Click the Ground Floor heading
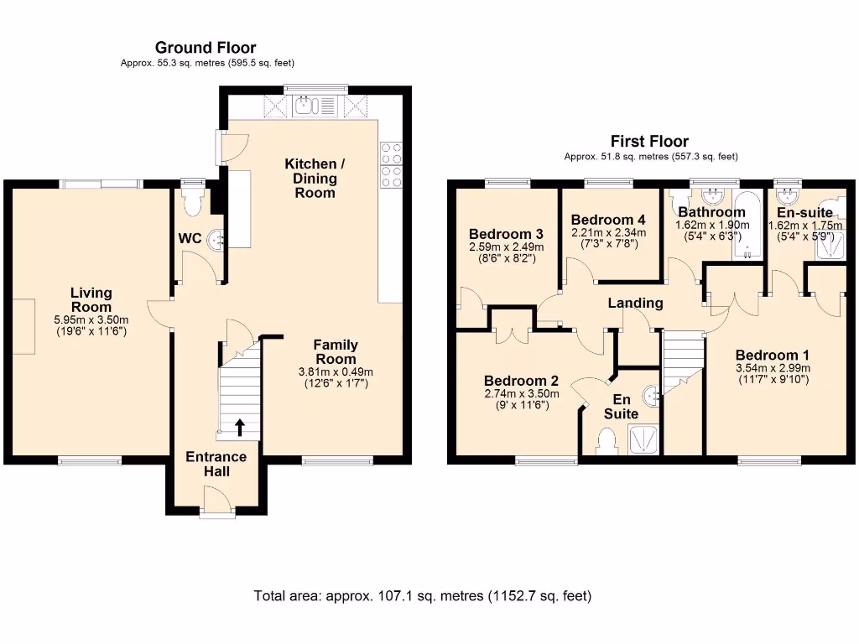pyautogui.click(x=206, y=48)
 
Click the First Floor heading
pyautogui.click(x=649, y=141)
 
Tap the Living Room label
pyautogui.click(x=91, y=299)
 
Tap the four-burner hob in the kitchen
pyautogui.click(x=392, y=164)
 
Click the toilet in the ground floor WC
pyautogui.click(x=194, y=200)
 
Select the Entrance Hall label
pyautogui.click(x=216, y=464)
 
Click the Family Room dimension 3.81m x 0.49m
pyautogui.click(x=336, y=372)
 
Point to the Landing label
pyautogui.click(x=636, y=303)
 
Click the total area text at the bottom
pyautogui.click(x=423, y=596)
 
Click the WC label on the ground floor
pyautogui.click(x=190, y=239)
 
